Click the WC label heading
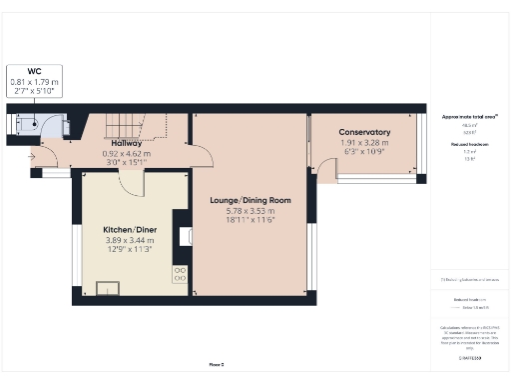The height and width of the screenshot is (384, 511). (x=35, y=70)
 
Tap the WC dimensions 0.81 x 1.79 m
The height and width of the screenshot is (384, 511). (x=35, y=80)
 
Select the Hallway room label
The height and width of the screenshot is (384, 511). (x=127, y=144)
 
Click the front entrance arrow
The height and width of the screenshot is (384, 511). (x=35, y=156)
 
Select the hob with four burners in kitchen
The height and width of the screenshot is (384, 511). (x=181, y=272)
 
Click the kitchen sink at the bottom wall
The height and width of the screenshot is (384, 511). (x=107, y=289)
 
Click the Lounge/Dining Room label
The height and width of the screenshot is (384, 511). (x=250, y=200)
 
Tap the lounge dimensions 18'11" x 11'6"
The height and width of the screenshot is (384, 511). (x=250, y=222)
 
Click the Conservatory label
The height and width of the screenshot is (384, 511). (x=363, y=132)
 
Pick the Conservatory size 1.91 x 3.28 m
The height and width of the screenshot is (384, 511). (x=363, y=143)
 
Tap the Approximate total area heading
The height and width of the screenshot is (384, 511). (x=469, y=117)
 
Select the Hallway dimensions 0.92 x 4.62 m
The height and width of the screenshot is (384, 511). (x=127, y=154)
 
